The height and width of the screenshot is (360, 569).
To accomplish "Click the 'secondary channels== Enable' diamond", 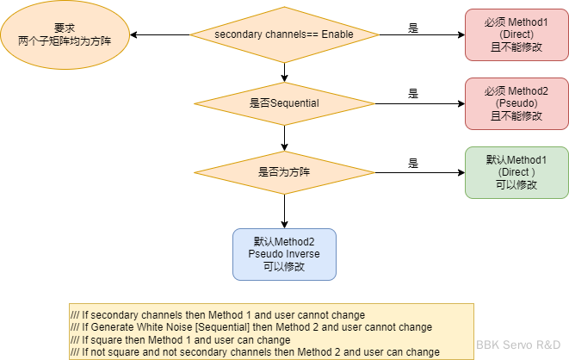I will coord(284,34).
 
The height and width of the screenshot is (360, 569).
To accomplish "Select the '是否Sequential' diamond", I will coord(284,103).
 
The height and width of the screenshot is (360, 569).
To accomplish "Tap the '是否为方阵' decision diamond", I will coord(284,171).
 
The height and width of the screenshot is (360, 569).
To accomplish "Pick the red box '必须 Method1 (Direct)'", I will coord(516,34).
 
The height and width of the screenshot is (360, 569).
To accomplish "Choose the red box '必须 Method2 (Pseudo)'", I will coord(516,103).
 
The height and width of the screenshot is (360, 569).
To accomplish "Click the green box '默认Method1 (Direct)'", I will coord(516,171).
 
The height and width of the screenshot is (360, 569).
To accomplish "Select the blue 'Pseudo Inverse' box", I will coord(284,254).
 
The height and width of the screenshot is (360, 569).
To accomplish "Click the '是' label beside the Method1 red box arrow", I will coord(413,28).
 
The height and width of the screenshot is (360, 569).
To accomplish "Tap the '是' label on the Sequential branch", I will coord(413,94).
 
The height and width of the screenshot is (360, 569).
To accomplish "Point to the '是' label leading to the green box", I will coord(413,163).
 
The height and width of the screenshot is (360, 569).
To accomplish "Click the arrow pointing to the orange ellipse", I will coord(159,34).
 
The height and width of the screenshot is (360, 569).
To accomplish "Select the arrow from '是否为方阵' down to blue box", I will coord(284,211).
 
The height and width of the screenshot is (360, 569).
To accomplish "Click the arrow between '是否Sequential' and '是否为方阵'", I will coord(284,136).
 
